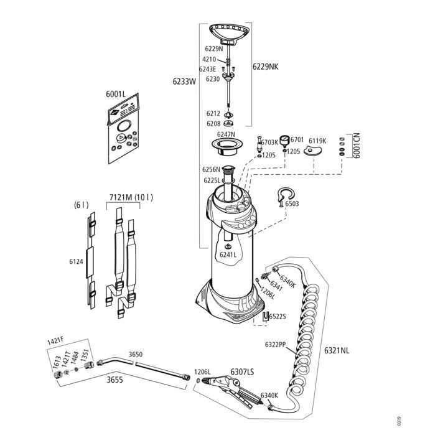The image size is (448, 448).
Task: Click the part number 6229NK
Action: click(x=266, y=67)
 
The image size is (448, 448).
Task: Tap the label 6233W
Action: click(x=184, y=81)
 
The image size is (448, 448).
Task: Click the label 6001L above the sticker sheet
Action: click(x=116, y=94)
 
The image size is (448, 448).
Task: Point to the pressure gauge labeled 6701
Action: click(x=284, y=140)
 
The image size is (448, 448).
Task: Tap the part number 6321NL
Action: click(x=336, y=350)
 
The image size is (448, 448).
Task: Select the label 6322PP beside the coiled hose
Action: click(x=275, y=344)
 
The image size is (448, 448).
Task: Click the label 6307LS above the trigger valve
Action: click(x=241, y=371)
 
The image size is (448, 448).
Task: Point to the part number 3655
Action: click(x=114, y=378)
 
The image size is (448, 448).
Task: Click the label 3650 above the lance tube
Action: click(x=135, y=354)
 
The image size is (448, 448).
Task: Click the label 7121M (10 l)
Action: click(x=131, y=197)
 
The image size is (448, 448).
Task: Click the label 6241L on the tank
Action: click(x=228, y=254)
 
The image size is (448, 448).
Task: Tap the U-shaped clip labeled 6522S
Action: click(x=266, y=316)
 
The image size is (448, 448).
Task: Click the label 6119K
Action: click(x=317, y=141)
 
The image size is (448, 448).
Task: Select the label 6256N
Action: click(x=212, y=169)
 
